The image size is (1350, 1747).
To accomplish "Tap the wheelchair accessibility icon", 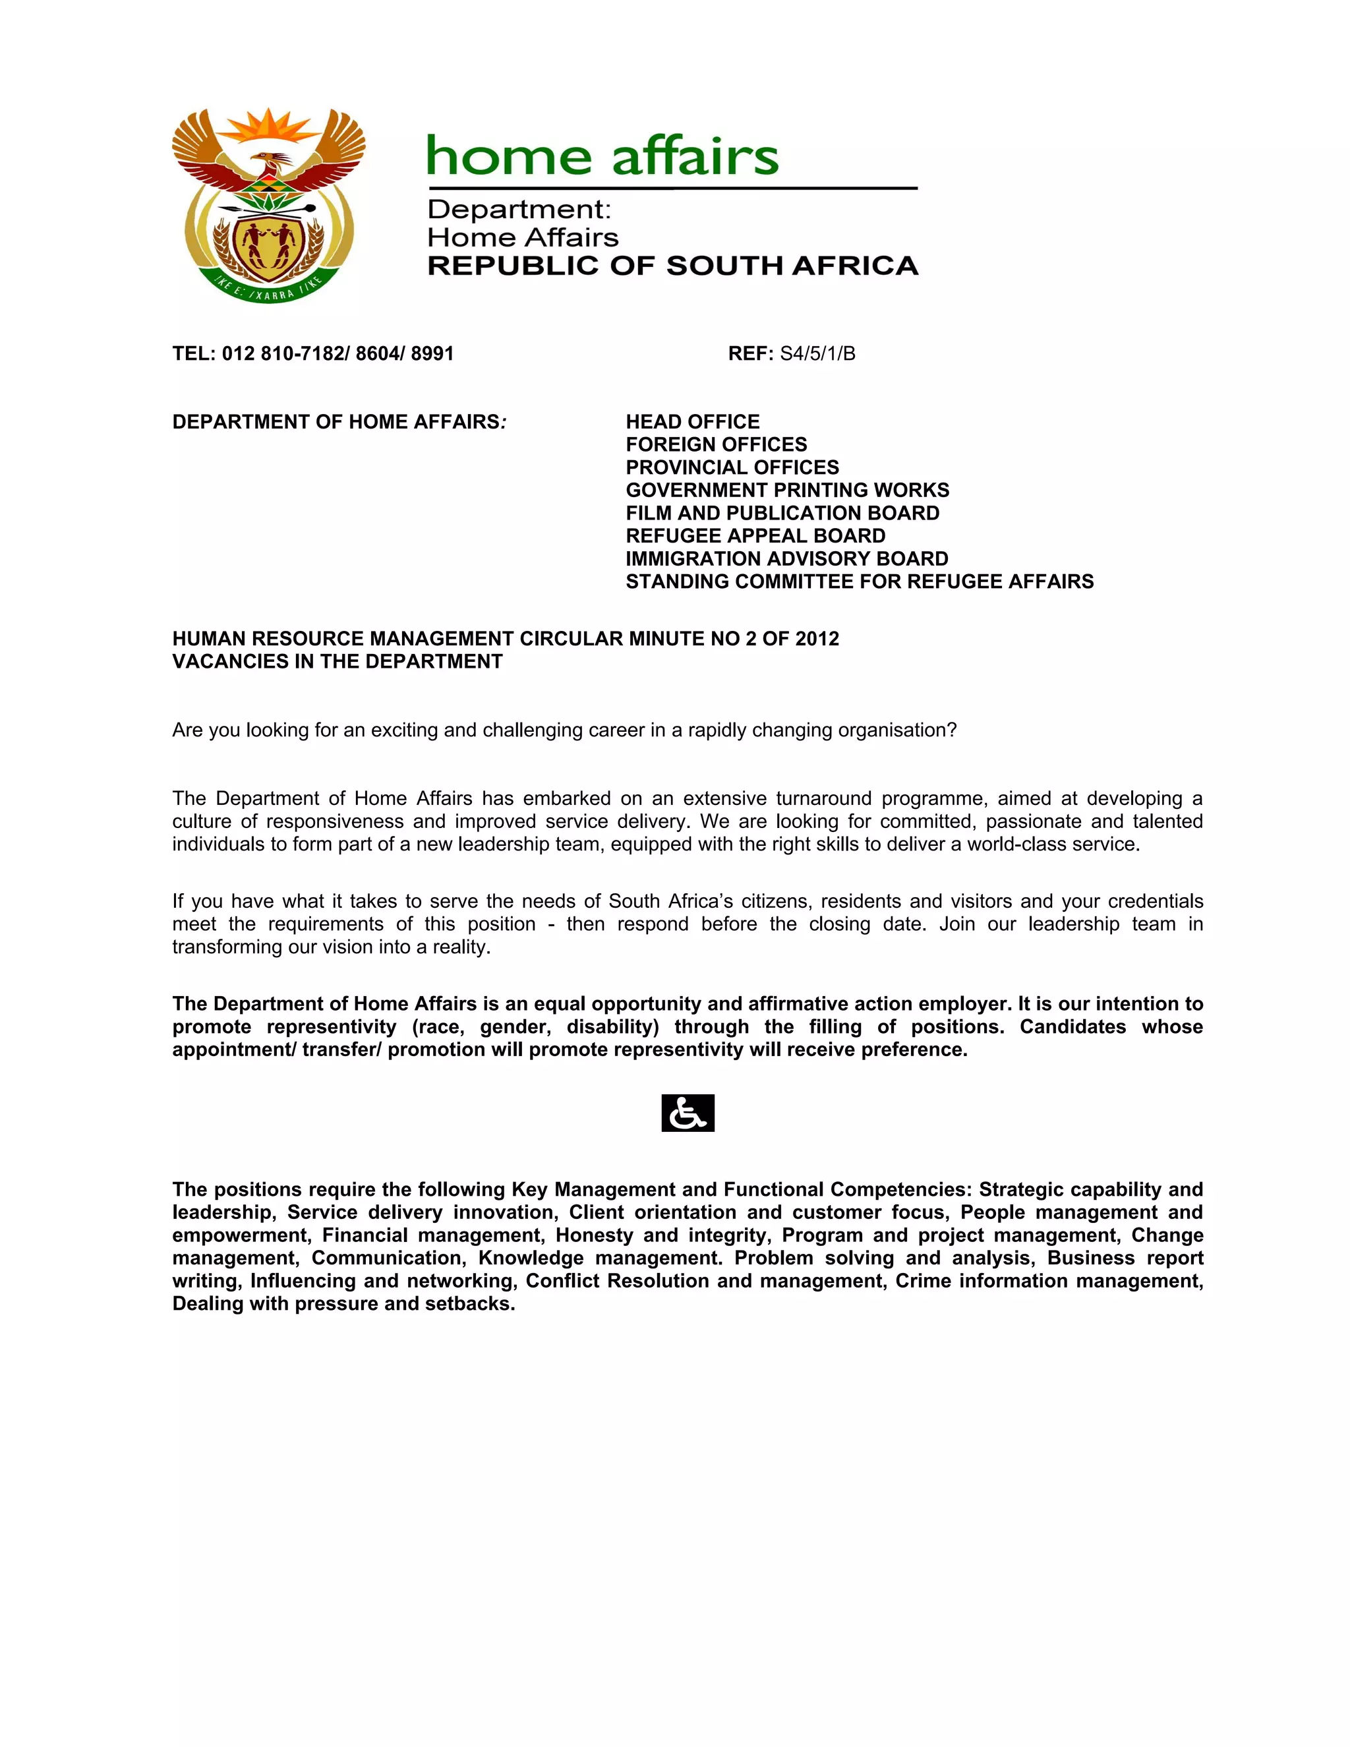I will (688, 1113).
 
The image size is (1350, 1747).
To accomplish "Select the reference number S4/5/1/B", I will (817, 353).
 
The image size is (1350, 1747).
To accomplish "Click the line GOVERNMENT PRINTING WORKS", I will (787, 490).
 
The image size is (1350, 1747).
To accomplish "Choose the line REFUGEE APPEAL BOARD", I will (755, 535).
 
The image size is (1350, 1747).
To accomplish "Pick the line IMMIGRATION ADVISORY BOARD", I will (787, 558).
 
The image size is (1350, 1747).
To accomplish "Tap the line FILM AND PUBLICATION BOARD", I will (782, 513).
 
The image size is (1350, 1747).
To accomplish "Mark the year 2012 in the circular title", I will (817, 638).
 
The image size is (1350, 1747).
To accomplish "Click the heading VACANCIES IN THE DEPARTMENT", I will (337, 661).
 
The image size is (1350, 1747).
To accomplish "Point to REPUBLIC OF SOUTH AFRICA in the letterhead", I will (672, 266).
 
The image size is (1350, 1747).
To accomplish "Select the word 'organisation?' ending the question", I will (896, 730).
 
